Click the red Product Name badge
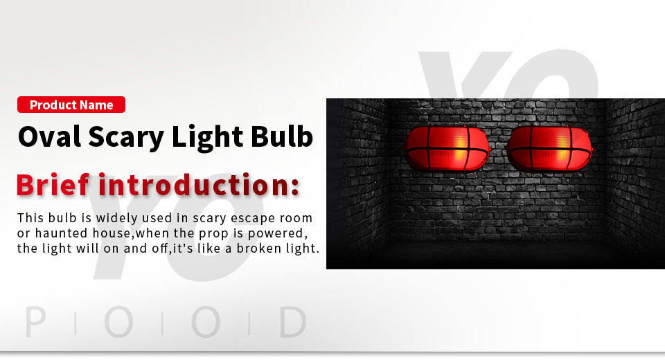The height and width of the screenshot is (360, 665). [x=71, y=105]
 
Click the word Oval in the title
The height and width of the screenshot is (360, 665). [x=49, y=136]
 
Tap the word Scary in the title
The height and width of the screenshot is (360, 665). [x=126, y=138]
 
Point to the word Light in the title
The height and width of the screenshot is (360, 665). [x=207, y=138]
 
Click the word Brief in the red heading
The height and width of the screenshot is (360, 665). [x=53, y=185]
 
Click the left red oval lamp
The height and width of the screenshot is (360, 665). [x=447, y=148]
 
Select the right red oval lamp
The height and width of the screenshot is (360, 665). [x=549, y=148]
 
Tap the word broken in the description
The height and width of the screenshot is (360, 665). [x=259, y=248]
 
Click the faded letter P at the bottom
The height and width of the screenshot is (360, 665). [x=35, y=322]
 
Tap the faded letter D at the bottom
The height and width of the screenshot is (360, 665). [x=293, y=322]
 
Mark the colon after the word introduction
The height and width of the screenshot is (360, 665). [x=295, y=187]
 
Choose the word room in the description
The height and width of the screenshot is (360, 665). [x=296, y=218]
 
